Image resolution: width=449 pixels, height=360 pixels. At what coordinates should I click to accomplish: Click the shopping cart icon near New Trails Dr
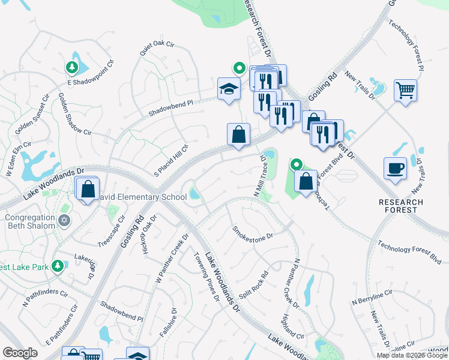[x=406, y=91]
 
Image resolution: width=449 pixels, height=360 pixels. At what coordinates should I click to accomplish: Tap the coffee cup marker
[x=395, y=168]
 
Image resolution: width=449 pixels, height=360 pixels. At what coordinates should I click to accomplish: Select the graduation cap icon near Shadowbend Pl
[x=229, y=89]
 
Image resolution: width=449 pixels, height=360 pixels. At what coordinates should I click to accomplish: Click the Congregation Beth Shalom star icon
[x=65, y=220]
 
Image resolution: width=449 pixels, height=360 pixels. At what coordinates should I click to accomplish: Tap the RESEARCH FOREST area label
[x=401, y=206]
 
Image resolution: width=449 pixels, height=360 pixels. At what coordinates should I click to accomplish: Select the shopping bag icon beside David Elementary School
[x=88, y=189]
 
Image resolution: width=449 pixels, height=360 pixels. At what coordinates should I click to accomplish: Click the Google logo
[x=20, y=353]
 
